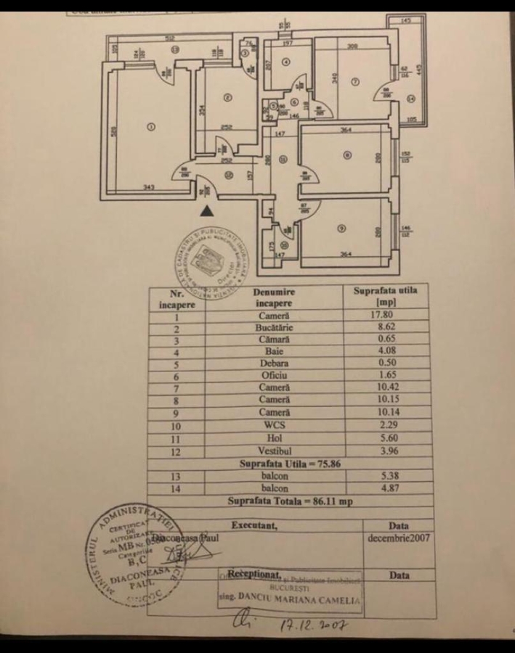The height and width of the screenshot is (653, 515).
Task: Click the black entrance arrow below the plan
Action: pyautogui.click(x=208, y=211)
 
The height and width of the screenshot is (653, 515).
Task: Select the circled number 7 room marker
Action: pyautogui.click(x=354, y=81)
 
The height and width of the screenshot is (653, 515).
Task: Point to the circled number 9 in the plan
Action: pyautogui.click(x=341, y=229)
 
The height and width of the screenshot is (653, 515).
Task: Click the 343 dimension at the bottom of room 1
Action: pyautogui.click(x=149, y=188)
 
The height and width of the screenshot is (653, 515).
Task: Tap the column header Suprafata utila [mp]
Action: pyautogui.click(x=381, y=296)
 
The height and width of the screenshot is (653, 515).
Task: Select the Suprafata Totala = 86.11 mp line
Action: pyautogui.click(x=290, y=501)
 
